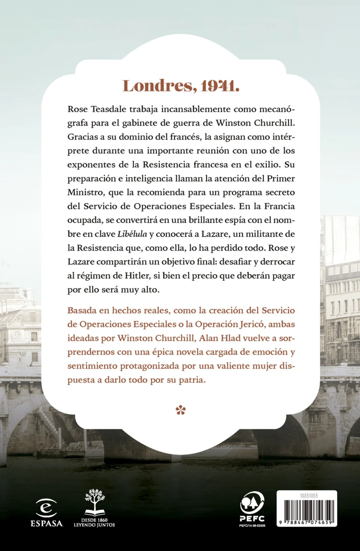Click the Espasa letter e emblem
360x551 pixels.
46,508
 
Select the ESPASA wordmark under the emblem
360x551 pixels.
46,523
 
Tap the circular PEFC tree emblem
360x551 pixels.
253,504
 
